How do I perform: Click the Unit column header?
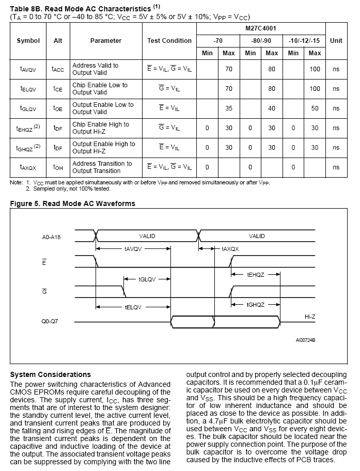pos(336,41)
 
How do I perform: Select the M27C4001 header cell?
pos(261,28)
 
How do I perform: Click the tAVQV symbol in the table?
pos(28,69)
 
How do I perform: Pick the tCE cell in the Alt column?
pos(58,89)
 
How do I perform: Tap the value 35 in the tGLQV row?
pos(228,108)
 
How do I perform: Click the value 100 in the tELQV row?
pos(315,89)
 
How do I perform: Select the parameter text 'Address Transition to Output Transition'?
pos(102,167)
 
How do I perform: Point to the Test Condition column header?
pos(169,41)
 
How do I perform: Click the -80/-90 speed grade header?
pos(261,41)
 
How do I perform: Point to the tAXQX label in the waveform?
pos(230,249)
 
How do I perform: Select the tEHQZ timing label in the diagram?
pos(255,275)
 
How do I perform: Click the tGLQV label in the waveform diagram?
pos(147,279)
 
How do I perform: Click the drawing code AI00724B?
pos(305,340)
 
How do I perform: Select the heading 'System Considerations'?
pos(51,374)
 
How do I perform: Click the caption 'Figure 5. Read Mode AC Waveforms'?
pos(73,204)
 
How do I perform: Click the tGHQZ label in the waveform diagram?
pos(255,305)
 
